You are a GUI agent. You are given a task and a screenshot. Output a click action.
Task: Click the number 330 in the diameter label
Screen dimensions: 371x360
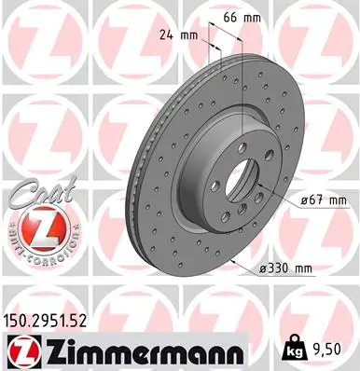pyautogui.click(x=274, y=268)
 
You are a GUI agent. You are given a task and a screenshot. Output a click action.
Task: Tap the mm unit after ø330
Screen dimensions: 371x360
pyautogui.click(x=300, y=268)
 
